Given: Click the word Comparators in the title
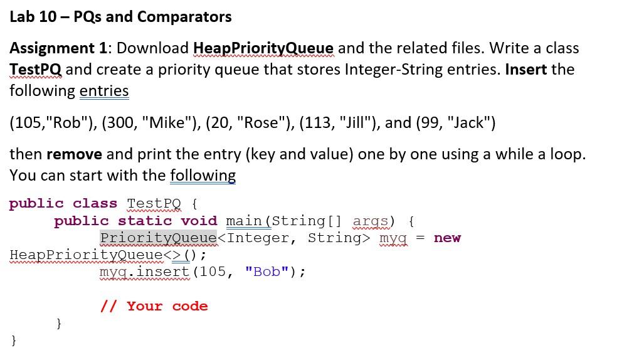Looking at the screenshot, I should (x=184, y=17).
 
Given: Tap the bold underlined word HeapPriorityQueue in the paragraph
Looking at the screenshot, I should (x=263, y=48).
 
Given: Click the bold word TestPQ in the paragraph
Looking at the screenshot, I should (x=35, y=70).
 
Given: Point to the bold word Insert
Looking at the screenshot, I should (x=526, y=70).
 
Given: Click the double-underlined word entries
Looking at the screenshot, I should (x=104, y=91).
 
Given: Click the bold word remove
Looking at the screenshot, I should (x=74, y=154).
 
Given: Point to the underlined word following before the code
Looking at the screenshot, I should (x=203, y=176).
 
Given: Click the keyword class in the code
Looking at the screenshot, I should (x=95, y=204).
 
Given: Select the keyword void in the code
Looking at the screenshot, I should (x=199, y=221).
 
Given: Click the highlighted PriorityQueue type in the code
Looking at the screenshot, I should (x=158, y=238).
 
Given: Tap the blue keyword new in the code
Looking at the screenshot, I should (x=447, y=238).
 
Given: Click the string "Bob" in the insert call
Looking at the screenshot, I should (x=267, y=272).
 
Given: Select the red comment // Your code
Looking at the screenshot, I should (x=154, y=306).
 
